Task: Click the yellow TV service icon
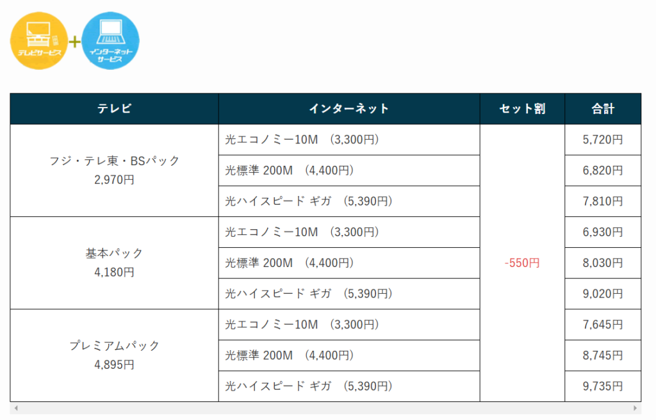tap(39, 40)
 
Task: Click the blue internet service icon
tap(110, 40)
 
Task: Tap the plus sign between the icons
tap(74, 42)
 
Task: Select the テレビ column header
tap(114, 109)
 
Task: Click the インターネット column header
tap(349, 109)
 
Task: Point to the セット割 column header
tap(522, 109)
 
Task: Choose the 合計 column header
tap(603, 109)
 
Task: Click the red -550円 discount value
tap(522, 263)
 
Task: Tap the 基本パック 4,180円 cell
tap(114, 262)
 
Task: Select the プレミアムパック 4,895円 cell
tap(114, 355)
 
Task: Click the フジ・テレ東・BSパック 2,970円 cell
tap(114, 170)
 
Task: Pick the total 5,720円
tap(603, 140)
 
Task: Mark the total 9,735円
tap(603, 386)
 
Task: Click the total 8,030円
tap(603, 263)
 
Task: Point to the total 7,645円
tap(603, 325)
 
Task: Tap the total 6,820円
tap(603, 171)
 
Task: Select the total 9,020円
tap(603, 294)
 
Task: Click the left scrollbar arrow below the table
tap(16, 408)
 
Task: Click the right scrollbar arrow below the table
tap(635, 408)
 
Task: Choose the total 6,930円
tap(603, 232)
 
